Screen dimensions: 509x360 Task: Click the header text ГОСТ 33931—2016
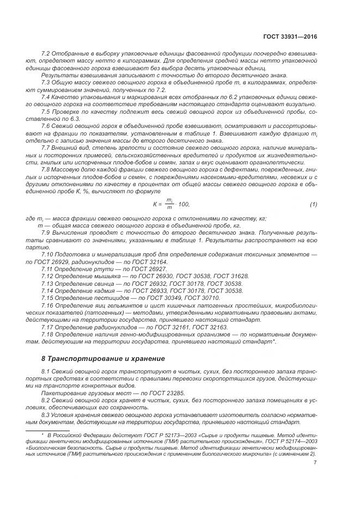click(290, 37)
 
